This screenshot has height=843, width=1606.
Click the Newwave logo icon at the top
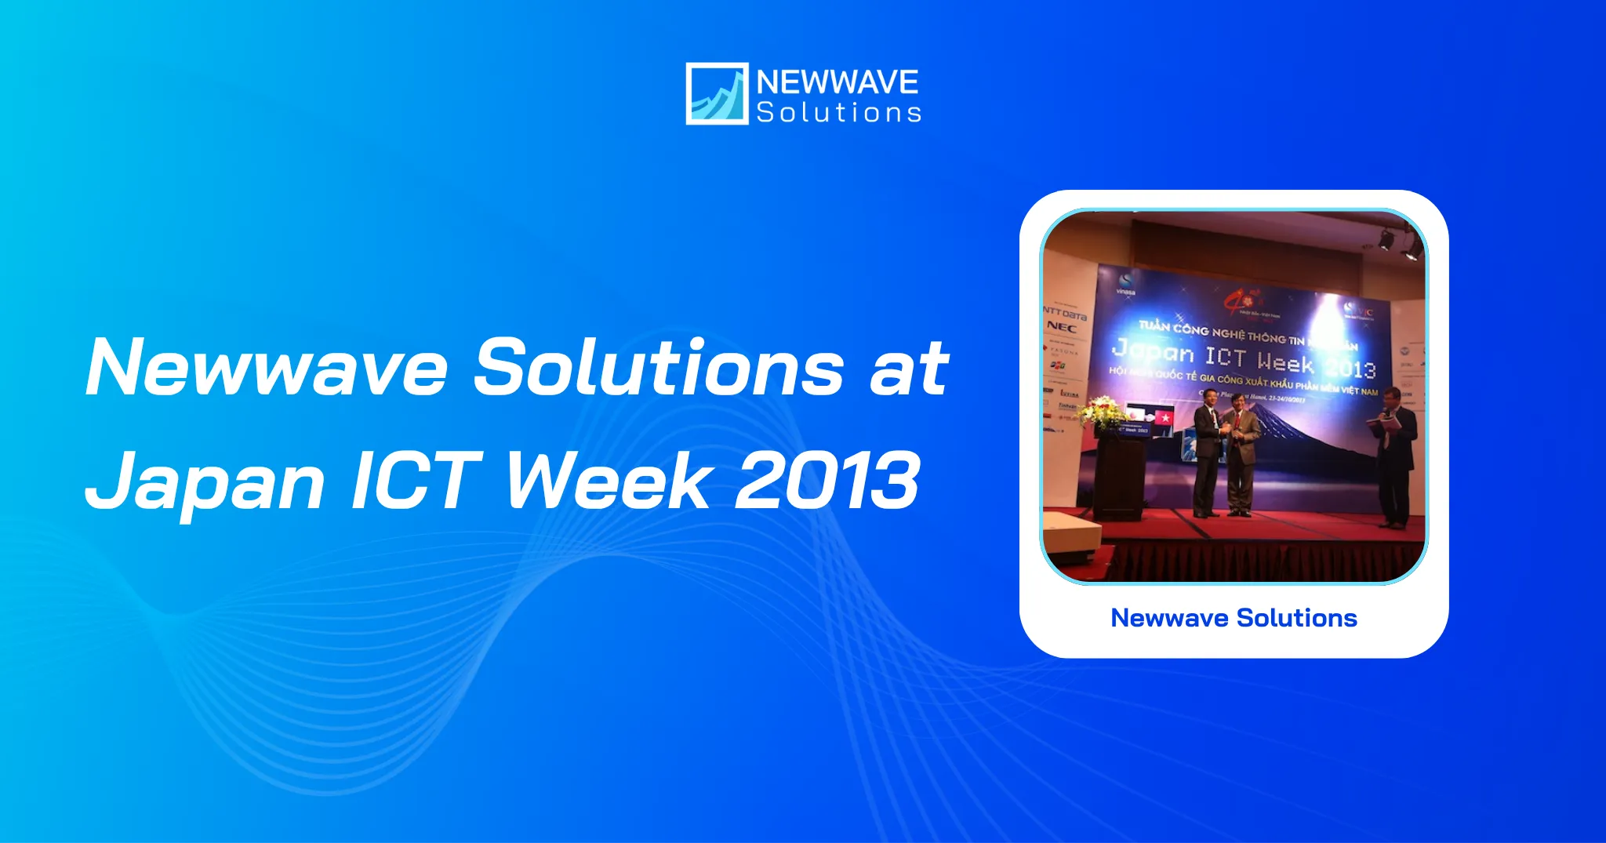point(717,93)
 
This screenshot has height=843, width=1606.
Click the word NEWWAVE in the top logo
point(837,82)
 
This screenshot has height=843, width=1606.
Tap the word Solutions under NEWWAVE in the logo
point(838,113)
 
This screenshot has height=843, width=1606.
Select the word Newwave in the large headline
point(267,367)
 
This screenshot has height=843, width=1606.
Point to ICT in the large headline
point(416,480)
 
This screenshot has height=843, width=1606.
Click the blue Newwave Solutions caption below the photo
point(1234,618)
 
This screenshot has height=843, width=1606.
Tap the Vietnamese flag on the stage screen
point(1164,418)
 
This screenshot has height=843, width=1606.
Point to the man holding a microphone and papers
point(1395,455)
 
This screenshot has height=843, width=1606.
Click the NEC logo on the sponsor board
point(1061,327)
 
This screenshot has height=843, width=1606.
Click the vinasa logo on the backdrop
point(1126,284)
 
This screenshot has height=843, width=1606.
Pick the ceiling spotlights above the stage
point(1400,241)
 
